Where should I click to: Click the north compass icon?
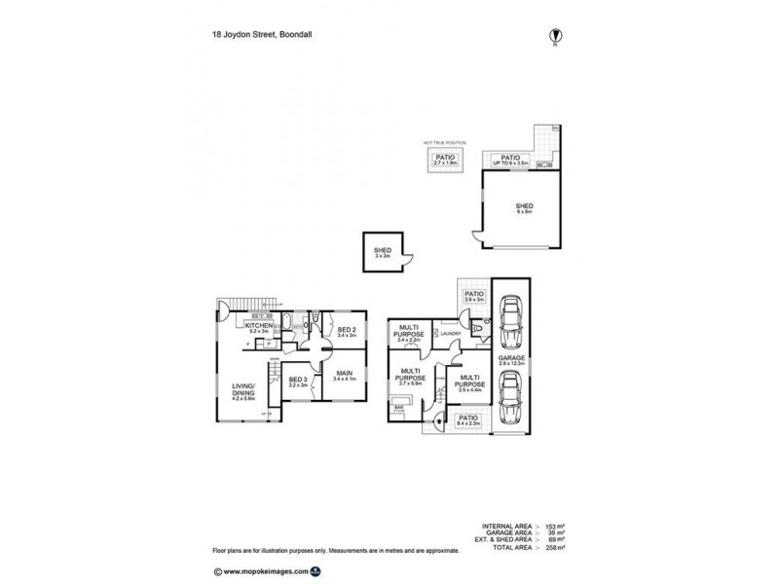click(554, 34)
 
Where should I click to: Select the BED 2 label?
click(347, 332)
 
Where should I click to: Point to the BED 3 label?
click(297, 382)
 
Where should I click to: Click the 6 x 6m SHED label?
click(524, 207)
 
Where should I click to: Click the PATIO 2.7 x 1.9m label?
click(446, 159)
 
